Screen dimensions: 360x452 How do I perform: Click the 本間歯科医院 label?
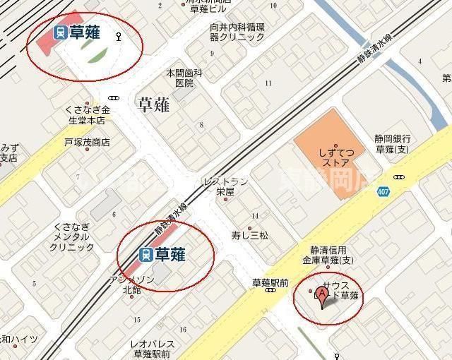pyautogui.click(x=184, y=78)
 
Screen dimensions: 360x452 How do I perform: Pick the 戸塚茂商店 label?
pyautogui.click(x=87, y=142)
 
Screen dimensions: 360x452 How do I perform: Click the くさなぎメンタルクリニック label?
pyautogui.click(x=73, y=236)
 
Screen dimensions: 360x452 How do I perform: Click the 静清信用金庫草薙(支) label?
pyautogui.click(x=328, y=254)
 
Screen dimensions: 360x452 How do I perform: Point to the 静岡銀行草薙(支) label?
pyautogui.click(x=393, y=145)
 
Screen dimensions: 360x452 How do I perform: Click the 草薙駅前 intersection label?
pyautogui.click(x=270, y=283)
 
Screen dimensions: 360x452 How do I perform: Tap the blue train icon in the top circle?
pyautogui.click(x=61, y=32)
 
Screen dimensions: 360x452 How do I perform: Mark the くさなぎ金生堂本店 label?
pyautogui.click(x=87, y=115)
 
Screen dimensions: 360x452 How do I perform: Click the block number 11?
pyautogui.click(x=268, y=83)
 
